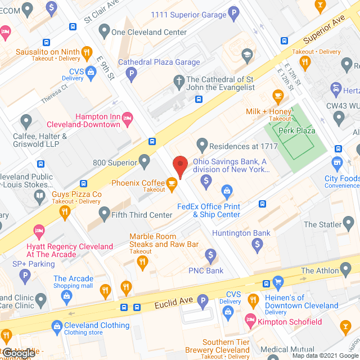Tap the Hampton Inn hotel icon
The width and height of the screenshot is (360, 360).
(128, 117)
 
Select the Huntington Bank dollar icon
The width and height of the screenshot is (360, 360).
(258, 244)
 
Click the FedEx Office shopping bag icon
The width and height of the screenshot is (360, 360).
(227, 191)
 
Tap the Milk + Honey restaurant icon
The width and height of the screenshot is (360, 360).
(278, 95)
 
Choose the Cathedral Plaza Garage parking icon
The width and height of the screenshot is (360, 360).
(131, 73)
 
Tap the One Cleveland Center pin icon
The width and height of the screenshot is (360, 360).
(103, 31)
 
